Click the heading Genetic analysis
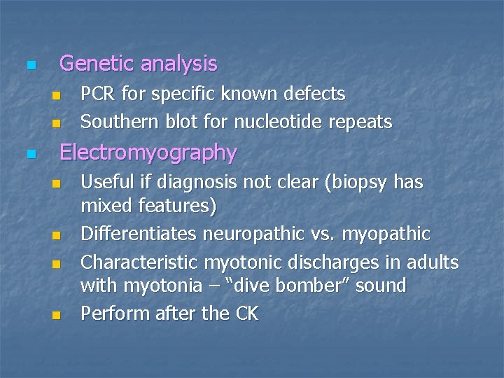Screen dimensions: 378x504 [139, 64]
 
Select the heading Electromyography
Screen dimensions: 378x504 [148, 152]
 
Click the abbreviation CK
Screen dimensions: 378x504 [246, 314]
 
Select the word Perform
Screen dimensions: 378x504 [109, 314]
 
